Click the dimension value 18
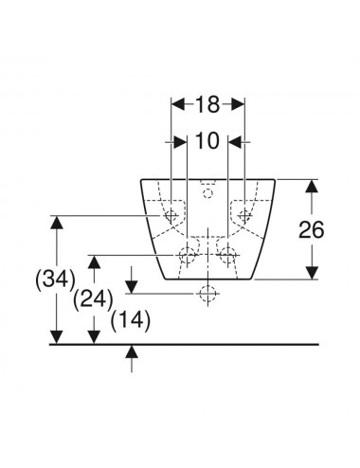[207, 104]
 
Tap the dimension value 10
[207, 141]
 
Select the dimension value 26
[312, 229]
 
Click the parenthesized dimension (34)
[56, 279]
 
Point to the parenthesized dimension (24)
[93, 299]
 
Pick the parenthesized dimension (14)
[131, 321]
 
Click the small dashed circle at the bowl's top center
[207, 193]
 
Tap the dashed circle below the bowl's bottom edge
[207, 294]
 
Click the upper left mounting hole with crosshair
[171, 215]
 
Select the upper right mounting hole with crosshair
[244, 215]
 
